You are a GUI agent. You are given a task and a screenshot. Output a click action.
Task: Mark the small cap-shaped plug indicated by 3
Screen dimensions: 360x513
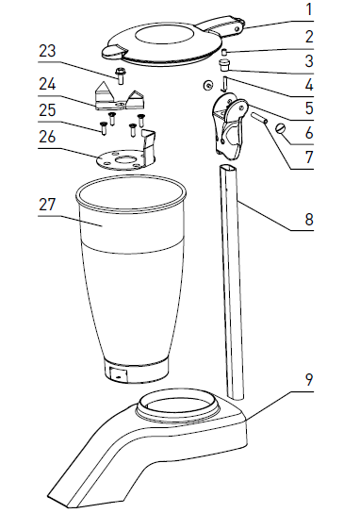tap(225, 65)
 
